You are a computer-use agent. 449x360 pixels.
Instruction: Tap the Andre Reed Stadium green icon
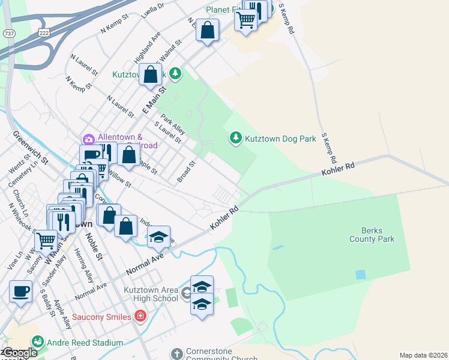point(37,342)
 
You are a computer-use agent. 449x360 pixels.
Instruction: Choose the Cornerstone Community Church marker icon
point(176,354)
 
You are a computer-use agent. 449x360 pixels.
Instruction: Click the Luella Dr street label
point(153,11)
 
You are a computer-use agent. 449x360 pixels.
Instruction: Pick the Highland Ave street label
point(147,48)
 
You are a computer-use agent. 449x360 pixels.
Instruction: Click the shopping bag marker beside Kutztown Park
point(151,76)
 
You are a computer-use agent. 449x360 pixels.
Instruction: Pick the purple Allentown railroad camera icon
point(89,139)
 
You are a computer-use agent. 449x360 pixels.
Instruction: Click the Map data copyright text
point(423,355)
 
